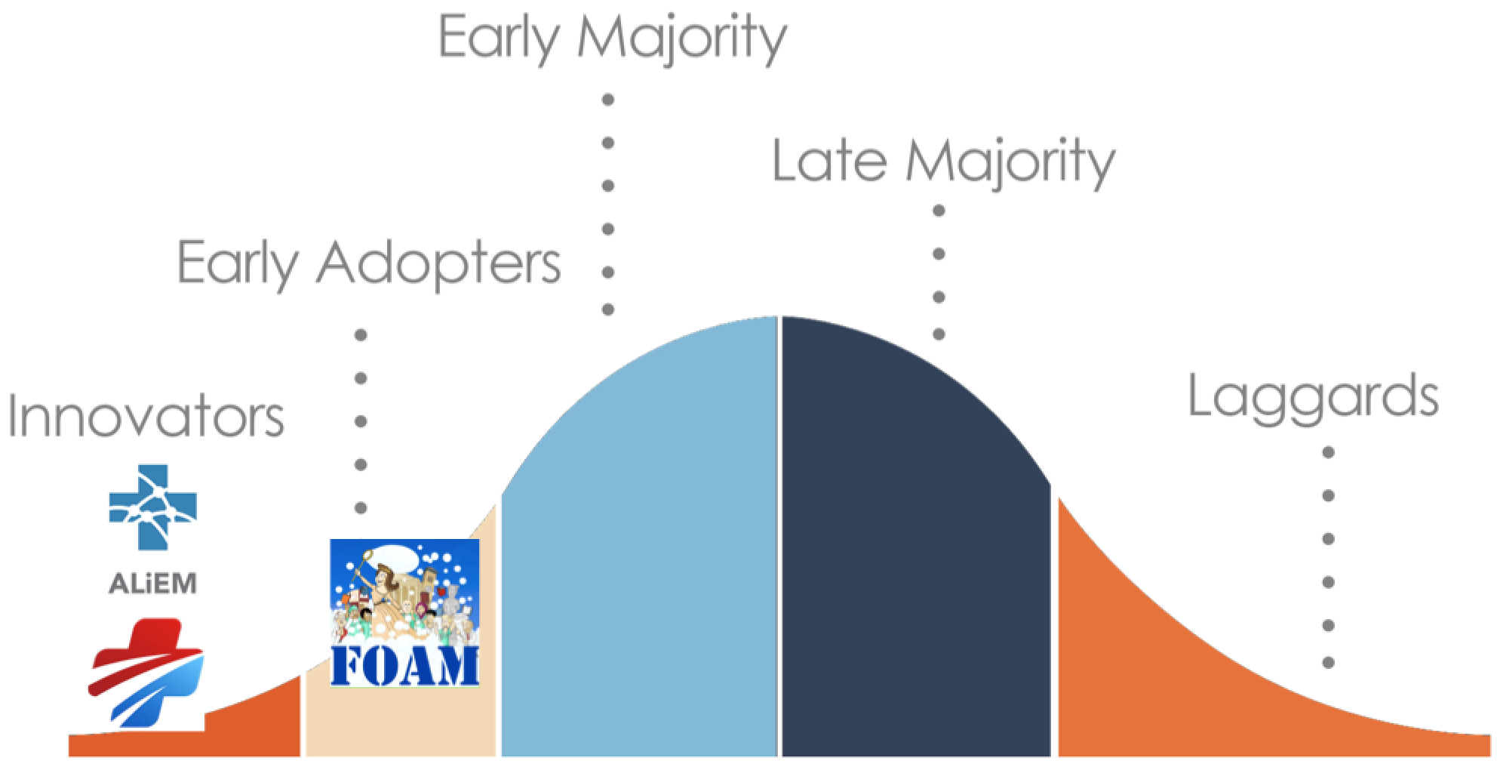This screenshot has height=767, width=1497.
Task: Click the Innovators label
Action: click(x=146, y=416)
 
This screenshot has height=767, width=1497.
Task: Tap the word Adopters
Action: click(x=438, y=264)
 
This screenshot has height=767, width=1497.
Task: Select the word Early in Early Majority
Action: click(x=500, y=38)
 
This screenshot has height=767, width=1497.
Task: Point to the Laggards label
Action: click(x=1314, y=399)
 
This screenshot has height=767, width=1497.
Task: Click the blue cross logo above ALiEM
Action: click(x=153, y=507)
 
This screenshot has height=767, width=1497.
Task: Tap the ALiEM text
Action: click(x=153, y=583)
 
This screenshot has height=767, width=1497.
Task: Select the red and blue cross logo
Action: click(x=146, y=673)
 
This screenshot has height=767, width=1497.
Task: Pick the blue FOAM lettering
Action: click(x=404, y=665)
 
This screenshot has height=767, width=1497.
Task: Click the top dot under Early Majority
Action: click(x=608, y=100)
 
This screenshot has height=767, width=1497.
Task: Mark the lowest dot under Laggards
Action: click(x=1329, y=663)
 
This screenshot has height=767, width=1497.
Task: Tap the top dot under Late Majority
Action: click(x=939, y=211)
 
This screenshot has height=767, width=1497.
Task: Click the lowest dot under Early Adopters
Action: click(x=361, y=508)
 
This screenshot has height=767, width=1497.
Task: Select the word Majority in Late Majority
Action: click(x=1010, y=162)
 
